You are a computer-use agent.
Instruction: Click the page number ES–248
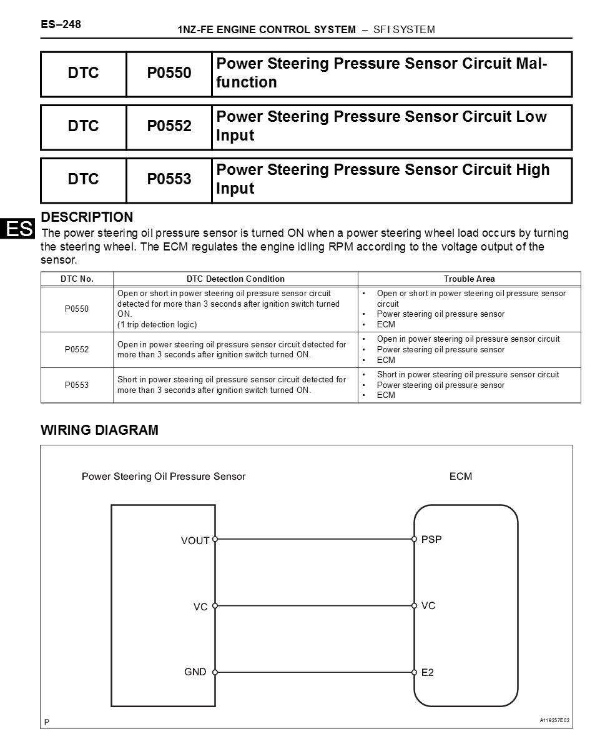click(x=61, y=24)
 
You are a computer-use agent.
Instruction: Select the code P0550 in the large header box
click(x=169, y=73)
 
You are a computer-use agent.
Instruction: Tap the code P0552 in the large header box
click(x=169, y=126)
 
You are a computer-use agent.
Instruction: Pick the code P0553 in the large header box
click(x=169, y=179)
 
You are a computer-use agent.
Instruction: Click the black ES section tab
click(x=18, y=229)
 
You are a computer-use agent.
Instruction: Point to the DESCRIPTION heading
click(x=87, y=217)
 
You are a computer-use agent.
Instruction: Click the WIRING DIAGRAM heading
click(x=99, y=430)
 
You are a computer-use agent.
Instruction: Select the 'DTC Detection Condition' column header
click(x=235, y=279)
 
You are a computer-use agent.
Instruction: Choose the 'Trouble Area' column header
click(x=469, y=279)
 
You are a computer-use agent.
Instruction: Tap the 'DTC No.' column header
click(x=77, y=279)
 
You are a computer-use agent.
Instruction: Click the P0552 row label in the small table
click(x=77, y=349)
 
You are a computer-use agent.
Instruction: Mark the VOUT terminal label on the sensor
click(x=195, y=541)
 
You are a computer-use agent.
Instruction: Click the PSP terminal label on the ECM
click(x=431, y=539)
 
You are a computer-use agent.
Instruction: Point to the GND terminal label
click(x=195, y=672)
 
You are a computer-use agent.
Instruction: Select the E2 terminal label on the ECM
click(x=428, y=673)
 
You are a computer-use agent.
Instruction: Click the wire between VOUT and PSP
click(x=314, y=538)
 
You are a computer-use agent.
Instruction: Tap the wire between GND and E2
click(x=314, y=672)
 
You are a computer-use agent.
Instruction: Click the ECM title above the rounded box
click(x=461, y=476)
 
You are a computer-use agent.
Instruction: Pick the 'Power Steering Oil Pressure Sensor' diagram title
click(x=164, y=476)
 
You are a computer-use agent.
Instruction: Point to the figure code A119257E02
click(x=554, y=720)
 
